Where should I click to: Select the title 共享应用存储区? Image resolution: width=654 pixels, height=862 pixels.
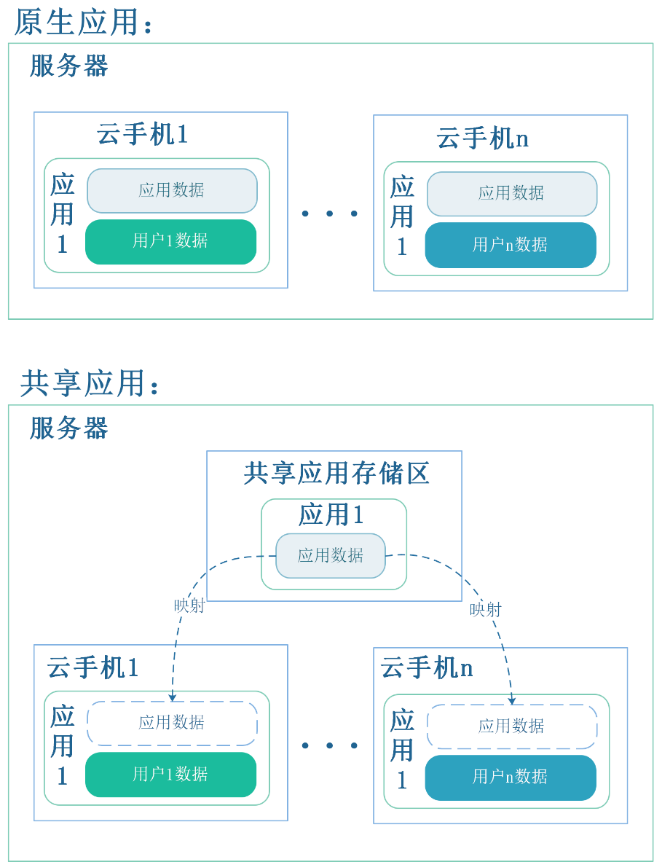point(336,474)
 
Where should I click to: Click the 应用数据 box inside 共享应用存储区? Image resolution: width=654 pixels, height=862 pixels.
point(331,556)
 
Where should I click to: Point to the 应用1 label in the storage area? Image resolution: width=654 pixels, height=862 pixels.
point(331,515)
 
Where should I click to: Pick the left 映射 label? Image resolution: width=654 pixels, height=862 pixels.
point(189,606)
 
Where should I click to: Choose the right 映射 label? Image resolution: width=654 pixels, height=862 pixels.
point(486,609)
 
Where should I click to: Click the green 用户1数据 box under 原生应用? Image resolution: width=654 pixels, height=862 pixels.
point(171,241)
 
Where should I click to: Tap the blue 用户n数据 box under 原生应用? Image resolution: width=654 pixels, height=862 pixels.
point(511,245)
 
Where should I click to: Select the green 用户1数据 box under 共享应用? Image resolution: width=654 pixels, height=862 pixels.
point(171,774)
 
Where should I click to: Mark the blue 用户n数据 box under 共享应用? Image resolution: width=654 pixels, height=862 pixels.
point(511,777)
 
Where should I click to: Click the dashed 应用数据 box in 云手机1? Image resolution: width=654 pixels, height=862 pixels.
point(172,723)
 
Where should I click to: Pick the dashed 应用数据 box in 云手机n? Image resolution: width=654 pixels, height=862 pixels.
point(512,726)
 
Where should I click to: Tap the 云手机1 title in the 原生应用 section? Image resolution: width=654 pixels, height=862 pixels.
point(143,135)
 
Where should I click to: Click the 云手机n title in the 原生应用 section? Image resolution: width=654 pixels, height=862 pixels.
point(483,138)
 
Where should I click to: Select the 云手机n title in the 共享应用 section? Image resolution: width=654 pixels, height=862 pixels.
point(427,668)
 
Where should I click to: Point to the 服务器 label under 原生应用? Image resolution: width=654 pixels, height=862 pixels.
point(69,66)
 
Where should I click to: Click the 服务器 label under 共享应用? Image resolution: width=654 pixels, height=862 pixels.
point(69,428)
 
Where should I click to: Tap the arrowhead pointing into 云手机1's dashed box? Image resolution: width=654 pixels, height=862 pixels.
point(173,697)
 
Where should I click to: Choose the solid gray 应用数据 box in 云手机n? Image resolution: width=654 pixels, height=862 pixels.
point(512,194)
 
